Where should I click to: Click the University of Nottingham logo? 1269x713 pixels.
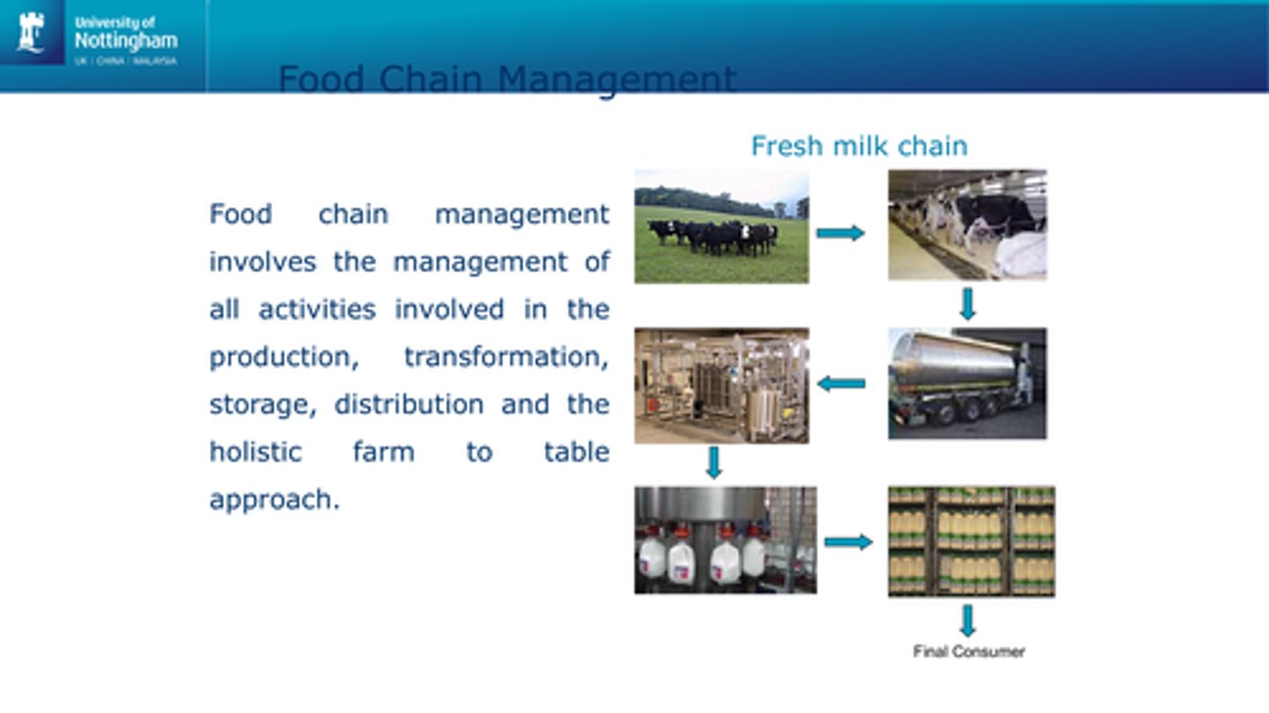pos(97,37)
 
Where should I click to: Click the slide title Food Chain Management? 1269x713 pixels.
pos(507,79)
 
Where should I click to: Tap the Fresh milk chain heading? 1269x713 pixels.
pos(858,145)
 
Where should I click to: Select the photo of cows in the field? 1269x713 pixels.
pos(721,227)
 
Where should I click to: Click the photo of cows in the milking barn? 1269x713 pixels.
pos(967,225)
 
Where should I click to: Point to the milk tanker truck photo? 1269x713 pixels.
pos(967,383)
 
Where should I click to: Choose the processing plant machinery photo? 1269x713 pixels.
pos(721,385)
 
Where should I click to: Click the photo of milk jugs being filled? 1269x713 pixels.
pos(724,539)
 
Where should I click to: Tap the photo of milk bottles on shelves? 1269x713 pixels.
pos(971,541)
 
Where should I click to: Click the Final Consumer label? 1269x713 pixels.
pos(968,652)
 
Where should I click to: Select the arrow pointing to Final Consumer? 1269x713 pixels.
pos(968,620)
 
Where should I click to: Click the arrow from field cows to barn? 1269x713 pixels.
pos(840,234)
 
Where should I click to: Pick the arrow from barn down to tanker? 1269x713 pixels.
pos(968,304)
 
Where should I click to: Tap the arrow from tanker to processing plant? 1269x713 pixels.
pos(841,383)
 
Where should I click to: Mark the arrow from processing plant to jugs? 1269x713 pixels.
pos(714,463)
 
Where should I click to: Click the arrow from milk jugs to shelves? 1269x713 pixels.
pos(848,542)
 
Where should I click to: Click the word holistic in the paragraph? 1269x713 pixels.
pos(256,452)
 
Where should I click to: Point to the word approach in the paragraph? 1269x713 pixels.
pos(274,500)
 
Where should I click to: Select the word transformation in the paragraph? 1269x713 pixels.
pos(506,357)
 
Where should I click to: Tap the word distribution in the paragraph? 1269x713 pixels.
pos(409,405)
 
